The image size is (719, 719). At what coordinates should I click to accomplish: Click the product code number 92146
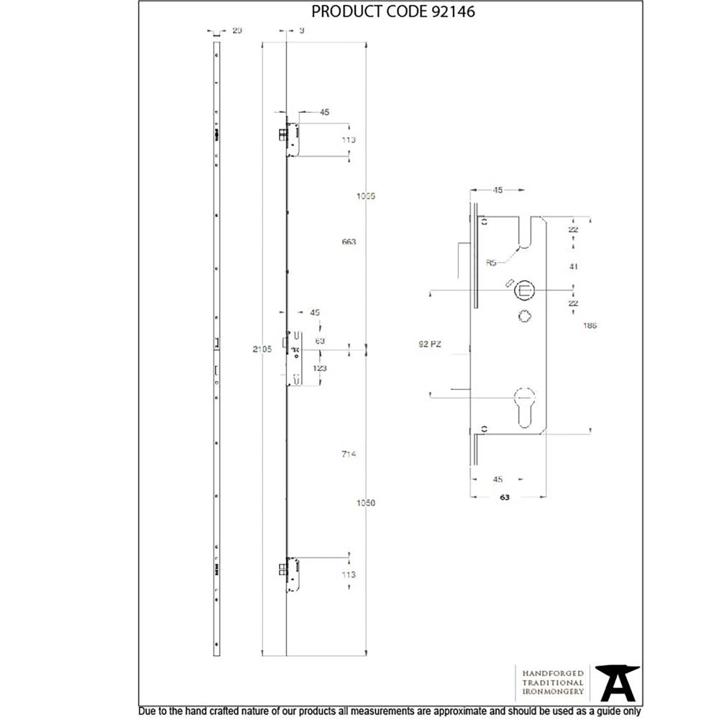pos(453,12)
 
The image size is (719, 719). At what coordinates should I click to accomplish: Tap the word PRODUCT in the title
pos(341,12)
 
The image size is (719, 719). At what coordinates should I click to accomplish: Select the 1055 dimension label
pos(367,196)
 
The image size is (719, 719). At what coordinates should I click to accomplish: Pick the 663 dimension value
pos(349,242)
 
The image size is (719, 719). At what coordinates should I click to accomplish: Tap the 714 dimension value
pos(349,454)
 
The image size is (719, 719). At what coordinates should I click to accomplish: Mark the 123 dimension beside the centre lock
pos(320,368)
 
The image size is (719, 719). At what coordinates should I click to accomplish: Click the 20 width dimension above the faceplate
pos(237,30)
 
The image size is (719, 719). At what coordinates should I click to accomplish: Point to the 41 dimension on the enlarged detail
pos(573,266)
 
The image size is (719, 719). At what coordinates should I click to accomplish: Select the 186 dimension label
pos(591,325)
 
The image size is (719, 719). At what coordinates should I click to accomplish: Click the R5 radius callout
pos(492,263)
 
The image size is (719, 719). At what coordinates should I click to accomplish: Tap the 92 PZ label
pos(429,344)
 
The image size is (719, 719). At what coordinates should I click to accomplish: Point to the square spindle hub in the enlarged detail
pos(524,290)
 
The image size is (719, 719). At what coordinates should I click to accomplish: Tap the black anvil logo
pos(618,682)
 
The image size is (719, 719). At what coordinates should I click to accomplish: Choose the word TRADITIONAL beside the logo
pos(553,682)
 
